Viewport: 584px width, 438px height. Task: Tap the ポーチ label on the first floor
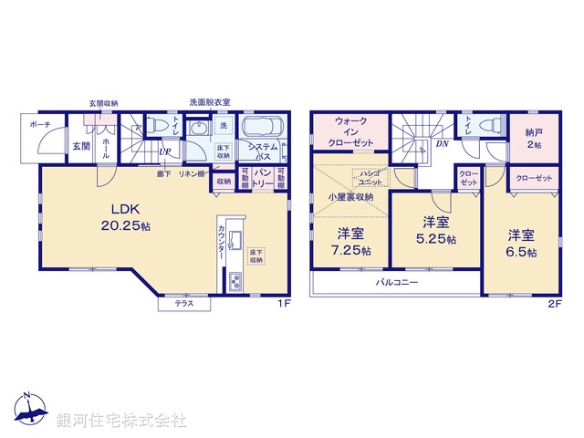pyautogui.click(x=39, y=124)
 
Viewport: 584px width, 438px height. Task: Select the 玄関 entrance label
pyautogui.click(x=79, y=145)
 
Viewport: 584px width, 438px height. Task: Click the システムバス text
pyautogui.click(x=264, y=151)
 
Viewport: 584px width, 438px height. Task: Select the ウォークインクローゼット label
pyautogui.click(x=351, y=132)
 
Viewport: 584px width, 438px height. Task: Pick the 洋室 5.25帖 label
pyautogui.click(x=435, y=230)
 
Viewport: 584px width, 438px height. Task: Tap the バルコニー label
pyautogui.click(x=398, y=284)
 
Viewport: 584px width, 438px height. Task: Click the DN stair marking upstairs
pyautogui.click(x=442, y=144)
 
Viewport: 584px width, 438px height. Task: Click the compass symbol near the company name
pyautogui.click(x=27, y=411)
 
